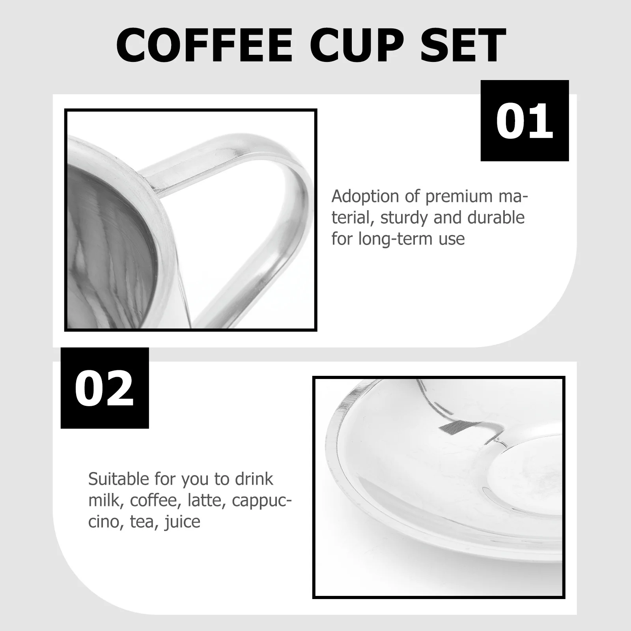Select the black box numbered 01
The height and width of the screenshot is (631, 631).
[x=525, y=121]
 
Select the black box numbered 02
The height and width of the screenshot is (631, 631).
[x=105, y=388]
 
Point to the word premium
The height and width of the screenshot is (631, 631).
[x=447, y=196]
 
